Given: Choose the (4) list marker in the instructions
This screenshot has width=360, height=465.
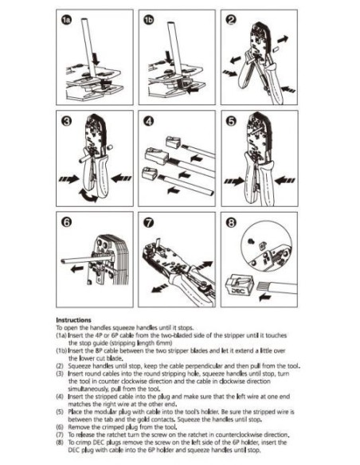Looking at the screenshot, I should pyautogui.click(x=61, y=395).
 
